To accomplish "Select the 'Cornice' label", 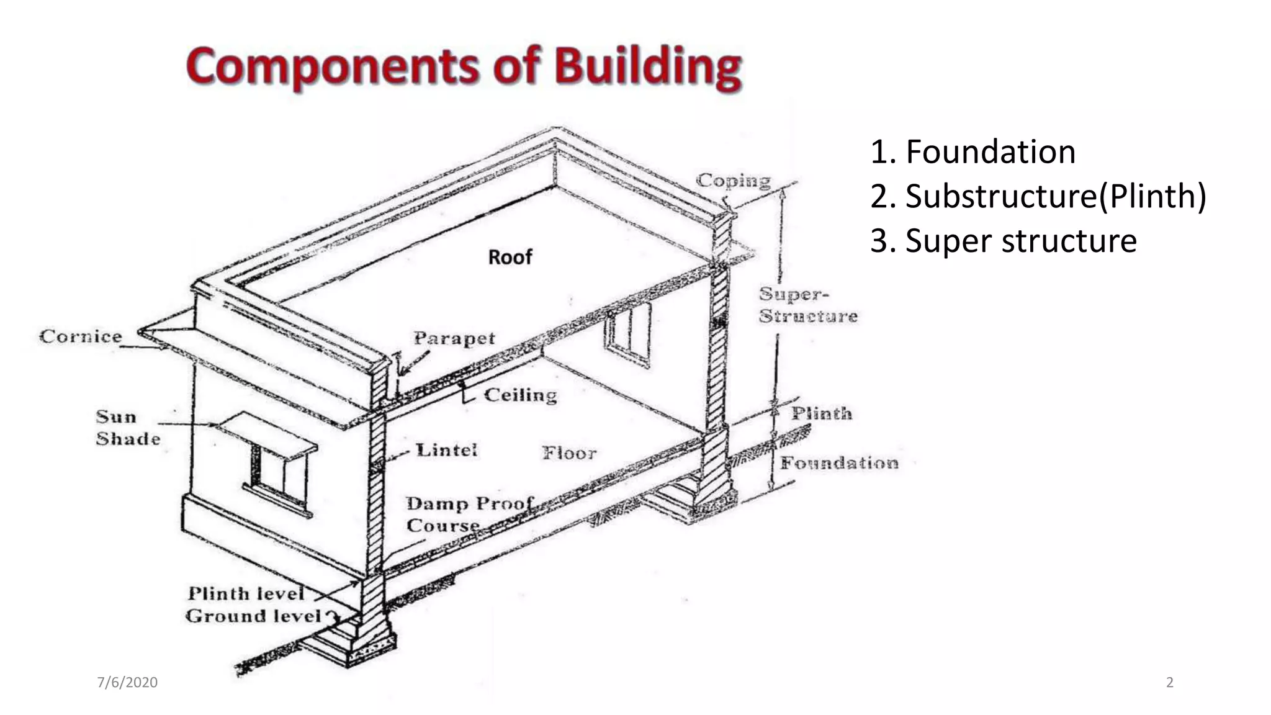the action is coord(81,336).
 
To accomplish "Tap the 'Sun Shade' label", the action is coord(127,428).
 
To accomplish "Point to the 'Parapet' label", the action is coord(454,338).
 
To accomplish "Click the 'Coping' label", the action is coord(733,181).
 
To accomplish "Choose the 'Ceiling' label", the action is coord(520,395).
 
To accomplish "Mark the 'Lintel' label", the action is coord(446,450).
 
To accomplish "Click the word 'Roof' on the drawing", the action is coord(510,257).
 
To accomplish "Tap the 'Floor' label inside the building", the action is coord(569,453).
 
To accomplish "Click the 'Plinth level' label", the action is coord(246,593).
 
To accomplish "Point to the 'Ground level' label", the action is coord(253,616).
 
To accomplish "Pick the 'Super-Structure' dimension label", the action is coord(807,305).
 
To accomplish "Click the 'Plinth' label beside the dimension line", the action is coord(821,413).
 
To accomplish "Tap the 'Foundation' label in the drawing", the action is coord(839,463).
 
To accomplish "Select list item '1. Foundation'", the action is coord(972,152).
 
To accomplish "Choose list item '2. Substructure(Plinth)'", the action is coord(1038,196).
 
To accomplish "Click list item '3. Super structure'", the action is coord(1003,241).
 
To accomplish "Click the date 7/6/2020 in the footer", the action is coord(127,682).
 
